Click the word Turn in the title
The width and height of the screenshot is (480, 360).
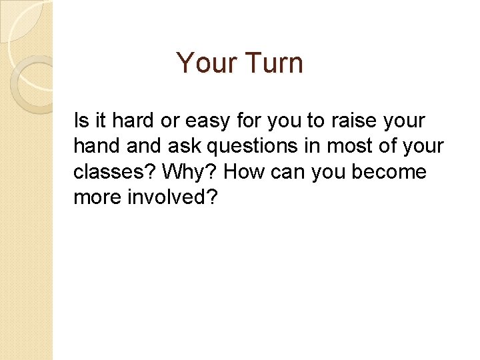point(275,63)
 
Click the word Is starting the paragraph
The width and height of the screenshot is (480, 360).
point(81,121)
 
